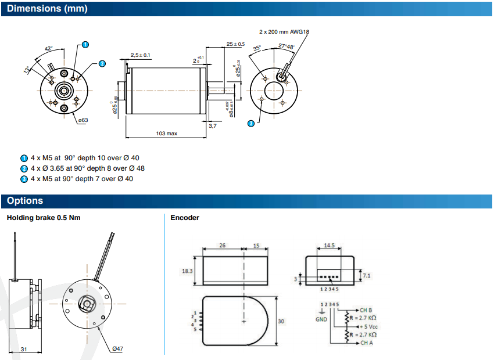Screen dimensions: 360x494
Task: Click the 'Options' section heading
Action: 25,201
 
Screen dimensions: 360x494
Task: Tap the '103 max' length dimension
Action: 167,134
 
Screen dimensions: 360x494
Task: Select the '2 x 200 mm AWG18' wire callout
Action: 284,32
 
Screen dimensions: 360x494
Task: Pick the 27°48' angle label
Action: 286,46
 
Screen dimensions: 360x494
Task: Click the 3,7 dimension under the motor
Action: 212,125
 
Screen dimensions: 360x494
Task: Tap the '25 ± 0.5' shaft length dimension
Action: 235,44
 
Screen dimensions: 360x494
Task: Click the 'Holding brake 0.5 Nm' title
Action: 44,218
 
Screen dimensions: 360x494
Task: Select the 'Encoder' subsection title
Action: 185,218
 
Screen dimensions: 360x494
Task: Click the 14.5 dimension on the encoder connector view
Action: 330,246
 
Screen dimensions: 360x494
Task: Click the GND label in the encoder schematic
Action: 321,319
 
